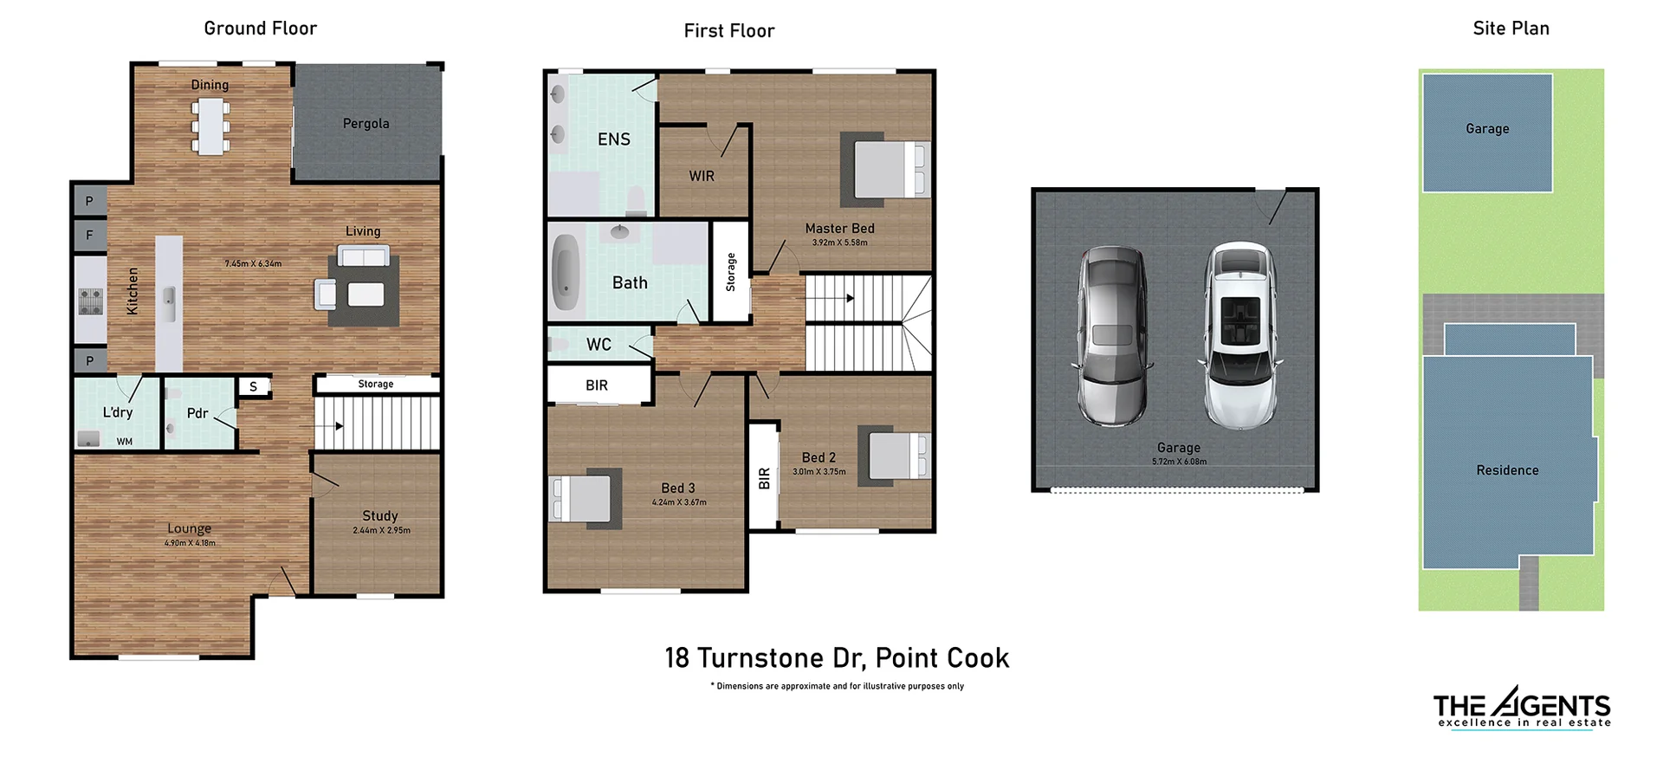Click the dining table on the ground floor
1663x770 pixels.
pos(210,126)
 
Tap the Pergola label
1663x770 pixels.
pos(366,124)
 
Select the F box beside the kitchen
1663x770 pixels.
pos(89,235)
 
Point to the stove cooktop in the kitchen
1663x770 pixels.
pos(90,301)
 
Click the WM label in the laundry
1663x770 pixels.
pos(125,442)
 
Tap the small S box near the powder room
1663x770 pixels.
pos(253,386)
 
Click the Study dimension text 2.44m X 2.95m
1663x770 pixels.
pos(381,530)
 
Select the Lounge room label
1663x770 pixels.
pos(189,528)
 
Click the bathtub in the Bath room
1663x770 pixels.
pos(566,271)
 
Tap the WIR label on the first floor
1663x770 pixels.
pos(702,176)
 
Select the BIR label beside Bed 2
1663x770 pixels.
pos(764,478)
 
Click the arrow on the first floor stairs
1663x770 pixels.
pos(850,298)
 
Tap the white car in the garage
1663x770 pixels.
pos(1240,336)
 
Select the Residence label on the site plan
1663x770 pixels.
pos(1507,470)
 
